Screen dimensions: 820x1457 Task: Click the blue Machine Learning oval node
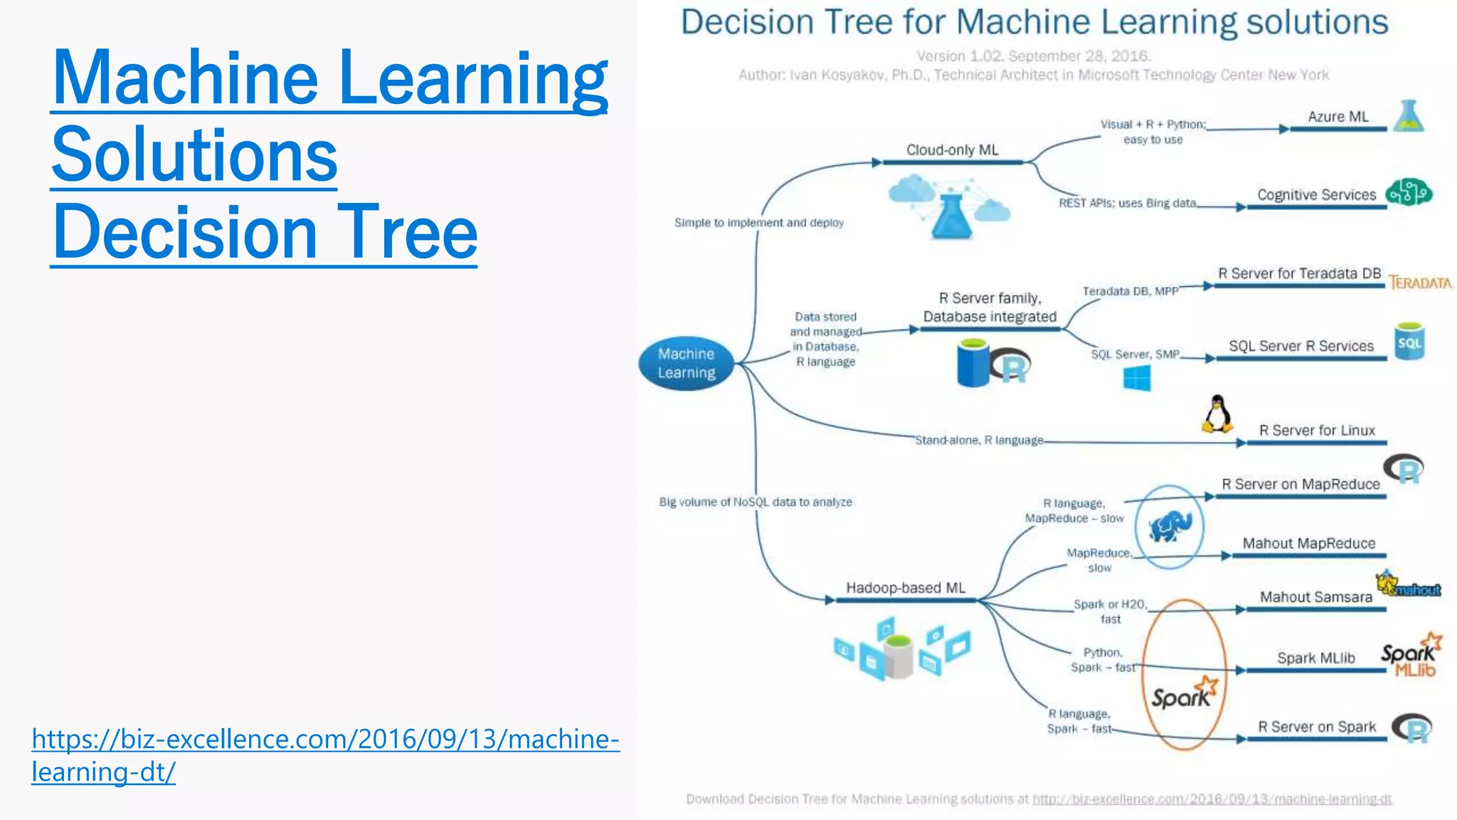click(x=686, y=363)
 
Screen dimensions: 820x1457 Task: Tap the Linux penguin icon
click(x=1217, y=414)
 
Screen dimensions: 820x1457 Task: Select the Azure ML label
click(x=1337, y=117)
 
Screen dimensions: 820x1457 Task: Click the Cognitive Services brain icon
click(x=1409, y=192)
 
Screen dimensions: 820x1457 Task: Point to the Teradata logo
click(x=1420, y=283)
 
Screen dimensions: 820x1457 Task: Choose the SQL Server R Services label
click(x=1301, y=346)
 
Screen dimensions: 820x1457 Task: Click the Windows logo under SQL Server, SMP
click(x=1136, y=378)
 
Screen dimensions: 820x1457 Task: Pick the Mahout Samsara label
click(x=1315, y=597)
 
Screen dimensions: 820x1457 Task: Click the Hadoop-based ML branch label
click(x=905, y=588)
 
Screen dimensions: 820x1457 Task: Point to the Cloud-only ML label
click(x=952, y=150)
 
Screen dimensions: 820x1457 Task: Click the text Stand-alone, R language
click(x=979, y=441)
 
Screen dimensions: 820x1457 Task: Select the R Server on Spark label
click(x=1316, y=727)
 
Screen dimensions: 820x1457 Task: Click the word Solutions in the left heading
click(x=194, y=154)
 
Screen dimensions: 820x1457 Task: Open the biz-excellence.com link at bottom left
click(x=325, y=755)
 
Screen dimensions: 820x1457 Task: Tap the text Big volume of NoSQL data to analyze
click(x=755, y=502)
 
